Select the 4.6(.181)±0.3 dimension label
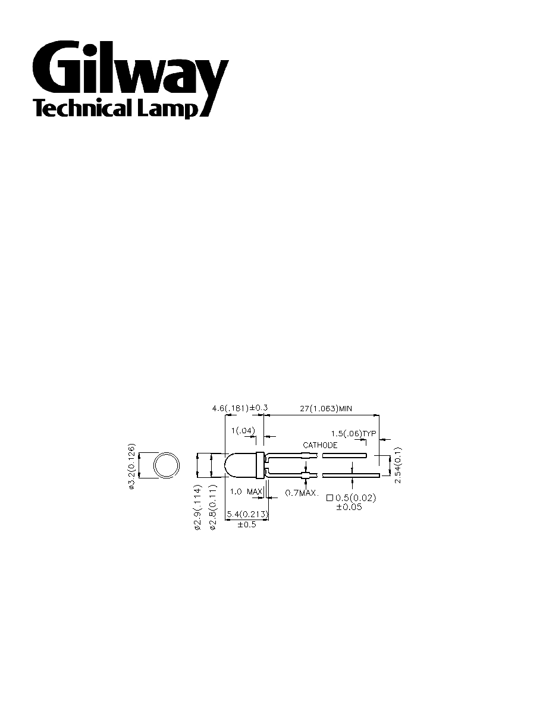(x=240, y=408)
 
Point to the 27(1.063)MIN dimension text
(x=326, y=409)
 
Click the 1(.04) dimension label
(x=243, y=431)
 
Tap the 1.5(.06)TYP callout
(x=353, y=434)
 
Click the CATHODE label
(x=320, y=445)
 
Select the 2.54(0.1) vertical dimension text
(x=398, y=465)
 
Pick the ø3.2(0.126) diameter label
(x=131, y=466)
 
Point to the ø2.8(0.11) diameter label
(x=213, y=507)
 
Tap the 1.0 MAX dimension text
(x=246, y=492)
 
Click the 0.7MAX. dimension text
(x=302, y=493)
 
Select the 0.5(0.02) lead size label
(x=356, y=498)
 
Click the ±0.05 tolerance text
(x=349, y=507)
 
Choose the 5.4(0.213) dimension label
(x=247, y=514)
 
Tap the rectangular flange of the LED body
(x=260, y=465)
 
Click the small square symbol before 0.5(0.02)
(x=330, y=498)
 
